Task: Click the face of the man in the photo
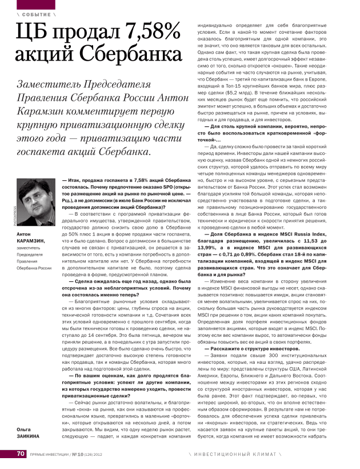[x=35, y=197]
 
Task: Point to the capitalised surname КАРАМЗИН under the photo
[x=31, y=242]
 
